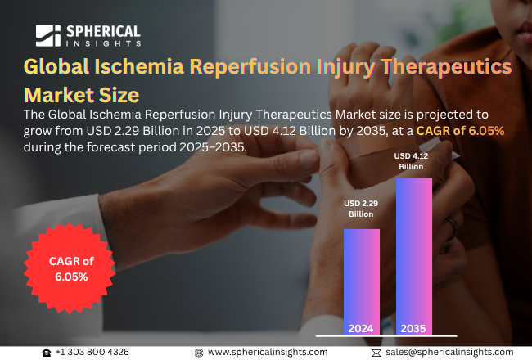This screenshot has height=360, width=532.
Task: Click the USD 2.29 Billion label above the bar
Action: pyautogui.click(x=361, y=209)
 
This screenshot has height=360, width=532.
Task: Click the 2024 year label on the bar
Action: pyautogui.click(x=361, y=329)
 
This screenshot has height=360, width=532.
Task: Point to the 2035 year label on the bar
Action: pyautogui.click(x=414, y=329)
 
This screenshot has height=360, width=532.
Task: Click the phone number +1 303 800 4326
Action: pyautogui.click(x=92, y=352)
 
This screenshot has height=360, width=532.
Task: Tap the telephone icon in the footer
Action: pyautogui.click(x=47, y=352)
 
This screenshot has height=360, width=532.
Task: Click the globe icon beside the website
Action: pyautogui.click(x=199, y=352)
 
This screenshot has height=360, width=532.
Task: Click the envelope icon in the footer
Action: pyautogui.click(x=376, y=352)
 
